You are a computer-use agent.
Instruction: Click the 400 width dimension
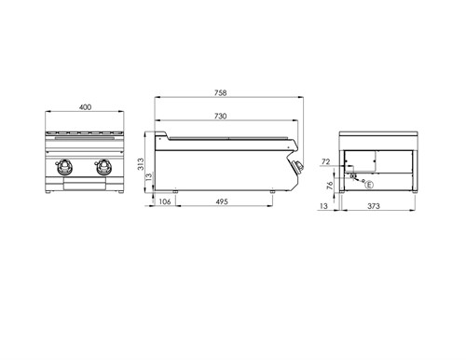(85, 108)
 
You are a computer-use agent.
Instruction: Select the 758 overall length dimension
(220, 92)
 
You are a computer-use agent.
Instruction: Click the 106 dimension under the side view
(164, 201)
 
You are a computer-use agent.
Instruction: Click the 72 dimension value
(326, 162)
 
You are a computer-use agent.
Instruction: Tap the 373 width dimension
(373, 207)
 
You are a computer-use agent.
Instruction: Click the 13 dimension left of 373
(323, 207)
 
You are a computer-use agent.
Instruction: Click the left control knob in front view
(68, 169)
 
